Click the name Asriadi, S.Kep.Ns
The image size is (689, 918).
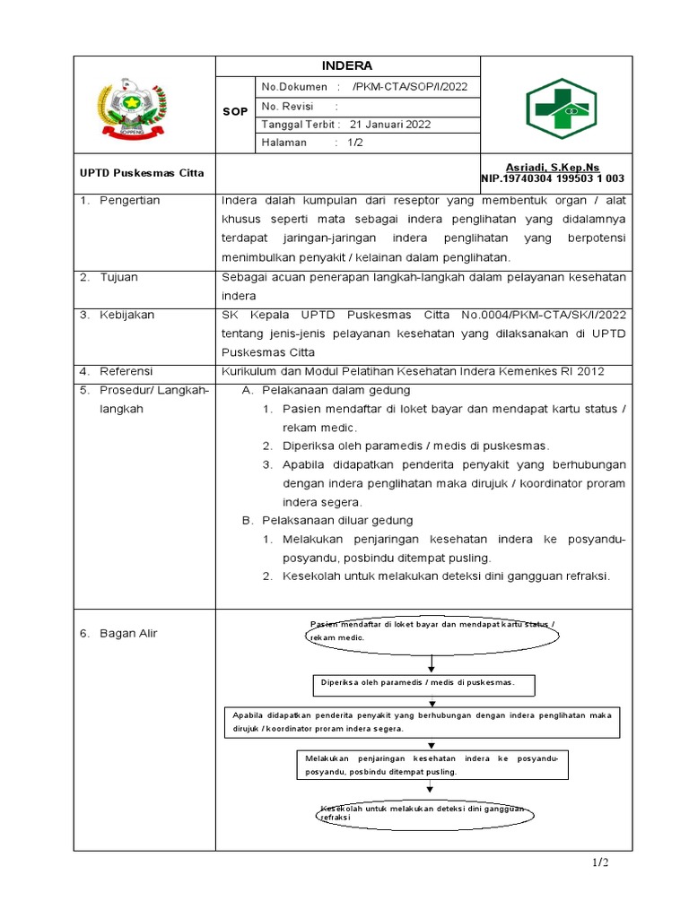(x=564, y=168)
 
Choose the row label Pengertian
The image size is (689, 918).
(x=129, y=201)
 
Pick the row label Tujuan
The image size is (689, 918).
(x=118, y=277)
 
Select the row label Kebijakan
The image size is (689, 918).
(x=126, y=316)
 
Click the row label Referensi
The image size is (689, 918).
(x=126, y=371)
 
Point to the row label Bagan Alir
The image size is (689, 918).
(x=128, y=634)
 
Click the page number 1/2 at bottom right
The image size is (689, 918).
(x=599, y=862)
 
